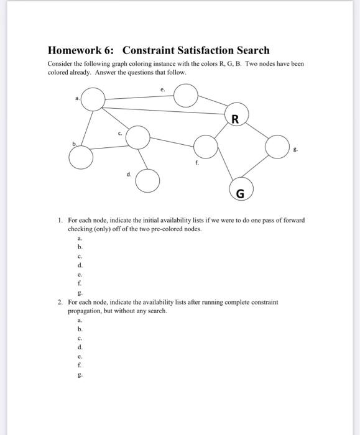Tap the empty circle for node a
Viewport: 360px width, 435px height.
(93, 99)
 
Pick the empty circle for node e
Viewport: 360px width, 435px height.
(185, 96)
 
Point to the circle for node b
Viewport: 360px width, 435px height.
(80, 157)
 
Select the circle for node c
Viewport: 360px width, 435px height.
(139, 137)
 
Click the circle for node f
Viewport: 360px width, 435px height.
(205, 148)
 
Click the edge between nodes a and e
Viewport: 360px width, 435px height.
(139, 98)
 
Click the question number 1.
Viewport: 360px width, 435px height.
(58, 220)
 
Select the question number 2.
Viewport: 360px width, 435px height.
(58, 301)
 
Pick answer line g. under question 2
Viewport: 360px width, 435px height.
(79, 375)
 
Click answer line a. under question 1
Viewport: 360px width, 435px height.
(79, 237)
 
